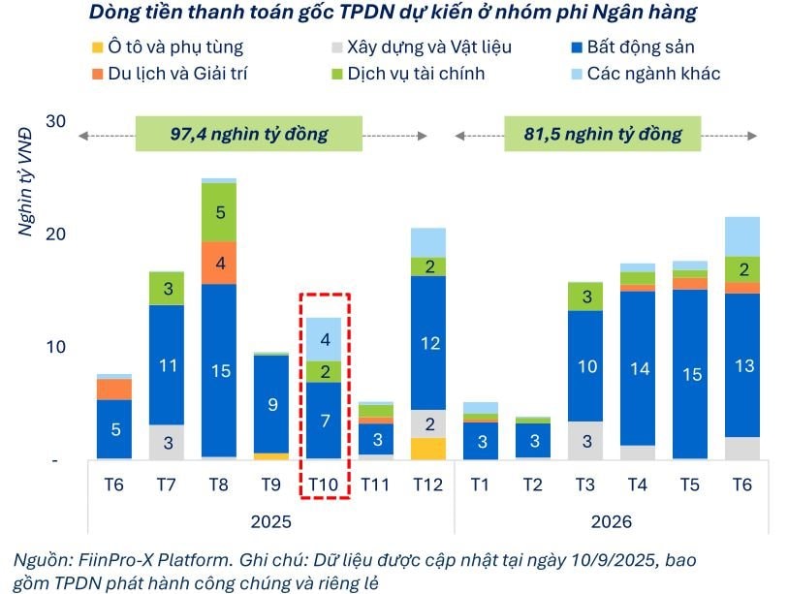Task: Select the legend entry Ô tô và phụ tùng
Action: click(x=175, y=47)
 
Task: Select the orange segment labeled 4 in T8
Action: click(x=219, y=263)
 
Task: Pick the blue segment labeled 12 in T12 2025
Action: click(x=430, y=342)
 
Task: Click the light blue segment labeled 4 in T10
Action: click(x=325, y=339)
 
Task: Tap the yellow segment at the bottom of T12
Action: click(x=430, y=449)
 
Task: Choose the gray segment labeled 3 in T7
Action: click(x=166, y=442)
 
